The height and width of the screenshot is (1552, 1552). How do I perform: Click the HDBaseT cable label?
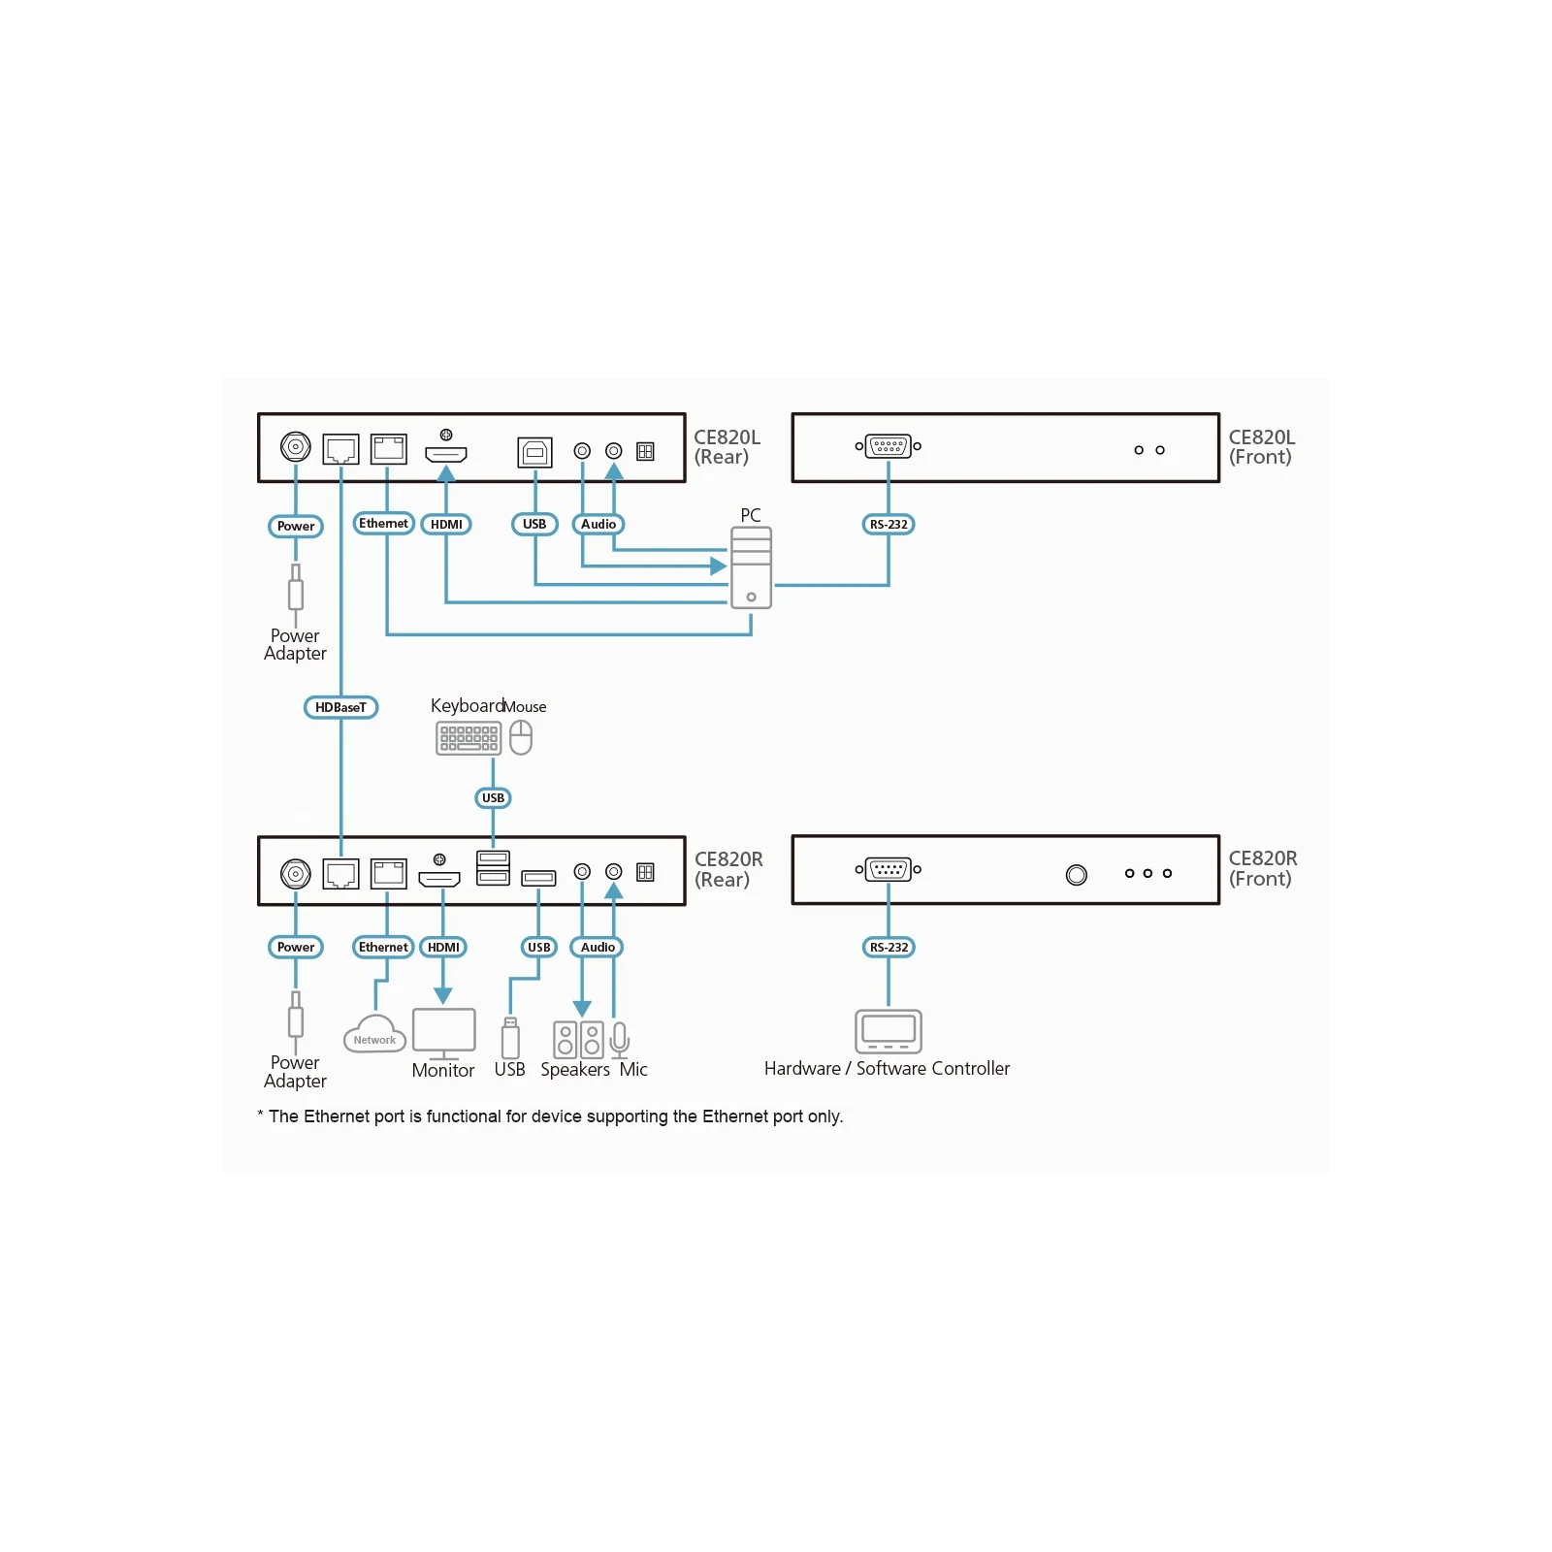pyautogui.click(x=340, y=707)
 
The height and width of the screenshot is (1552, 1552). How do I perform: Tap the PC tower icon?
pyautogui.click(x=751, y=567)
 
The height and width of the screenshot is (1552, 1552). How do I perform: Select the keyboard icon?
pyautogui.click(x=469, y=738)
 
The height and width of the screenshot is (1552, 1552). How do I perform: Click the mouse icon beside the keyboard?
pyautogui.click(x=521, y=737)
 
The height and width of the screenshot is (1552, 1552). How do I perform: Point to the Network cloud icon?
pyautogui.click(x=374, y=1034)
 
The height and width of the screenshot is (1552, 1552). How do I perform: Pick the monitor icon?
pyautogui.click(x=443, y=1034)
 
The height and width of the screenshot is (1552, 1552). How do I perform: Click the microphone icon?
pyautogui.click(x=620, y=1040)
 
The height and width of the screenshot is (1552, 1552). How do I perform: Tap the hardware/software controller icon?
pyautogui.click(x=888, y=1031)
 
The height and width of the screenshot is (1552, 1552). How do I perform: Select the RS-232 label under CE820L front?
pyautogui.click(x=889, y=525)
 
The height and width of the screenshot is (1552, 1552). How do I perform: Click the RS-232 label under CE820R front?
pyautogui.click(x=889, y=948)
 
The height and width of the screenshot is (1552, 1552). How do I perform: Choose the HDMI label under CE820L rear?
pyautogui.click(x=446, y=525)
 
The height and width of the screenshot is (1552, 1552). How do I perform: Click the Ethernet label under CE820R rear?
pyautogui.click(x=383, y=948)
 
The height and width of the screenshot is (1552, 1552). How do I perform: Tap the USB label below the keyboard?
pyautogui.click(x=493, y=798)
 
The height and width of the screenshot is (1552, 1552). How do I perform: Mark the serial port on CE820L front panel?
pyautogui.click(x=889, y=447)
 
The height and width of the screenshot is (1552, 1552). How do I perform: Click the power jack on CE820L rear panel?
pyautogui.click(x=296, y=447)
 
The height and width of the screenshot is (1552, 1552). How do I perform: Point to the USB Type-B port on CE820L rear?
pyautogui.click(x=534, y=452)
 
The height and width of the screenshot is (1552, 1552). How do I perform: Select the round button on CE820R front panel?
pyautogui.click(x=1076, y=875)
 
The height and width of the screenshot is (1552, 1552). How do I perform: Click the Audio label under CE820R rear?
pyautogui.click(x=598, y=948)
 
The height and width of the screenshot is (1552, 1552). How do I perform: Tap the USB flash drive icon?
pyautogui.click(x=510, y=1038)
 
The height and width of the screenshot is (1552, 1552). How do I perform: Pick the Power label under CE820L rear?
pyautogui.click(x=296, y=527)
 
